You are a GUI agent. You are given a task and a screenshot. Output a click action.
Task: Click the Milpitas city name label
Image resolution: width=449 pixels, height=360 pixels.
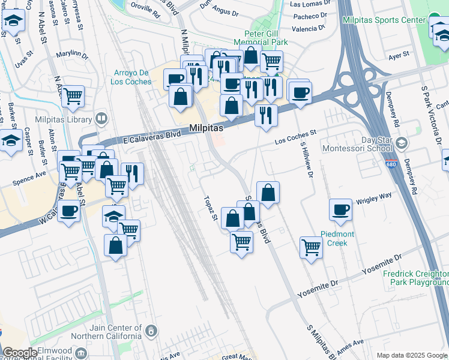click(x=206, y=128)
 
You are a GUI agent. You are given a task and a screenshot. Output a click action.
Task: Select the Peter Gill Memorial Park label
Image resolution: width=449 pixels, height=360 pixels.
click(x=265, y=37)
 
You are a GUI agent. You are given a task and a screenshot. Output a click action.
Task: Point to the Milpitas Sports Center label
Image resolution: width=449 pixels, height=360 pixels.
click(x=384, y=20)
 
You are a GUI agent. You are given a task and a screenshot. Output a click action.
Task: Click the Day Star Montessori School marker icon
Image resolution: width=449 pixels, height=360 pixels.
click(x=402, y=143)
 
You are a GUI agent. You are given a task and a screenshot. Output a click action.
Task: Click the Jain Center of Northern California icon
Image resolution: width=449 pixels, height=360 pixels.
click(x=152, y=329)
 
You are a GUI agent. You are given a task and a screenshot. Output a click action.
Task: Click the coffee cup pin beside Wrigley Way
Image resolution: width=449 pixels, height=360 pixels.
click(x=340, y=210)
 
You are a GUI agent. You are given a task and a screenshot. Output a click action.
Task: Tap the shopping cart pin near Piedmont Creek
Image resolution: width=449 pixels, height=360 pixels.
click(x=311, y=247)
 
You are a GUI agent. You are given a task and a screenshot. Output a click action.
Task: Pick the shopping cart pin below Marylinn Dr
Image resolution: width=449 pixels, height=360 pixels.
click(x=73, y=96)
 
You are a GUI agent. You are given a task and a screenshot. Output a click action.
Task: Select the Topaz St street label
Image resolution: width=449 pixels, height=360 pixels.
click(x=210, y=208)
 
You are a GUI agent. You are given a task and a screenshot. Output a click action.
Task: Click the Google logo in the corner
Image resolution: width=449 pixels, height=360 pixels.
click(x=20, y=353)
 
